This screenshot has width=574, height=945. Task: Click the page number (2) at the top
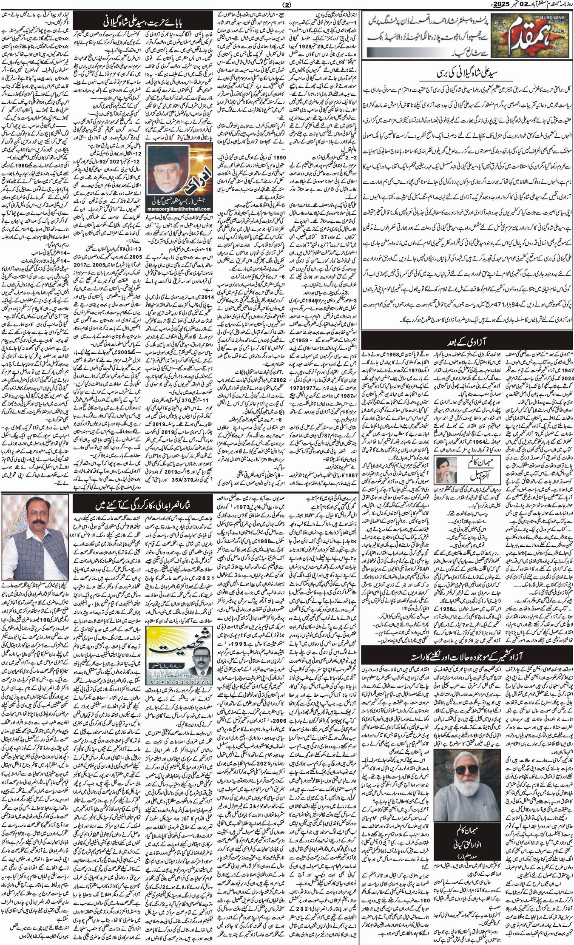pos(287,5)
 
